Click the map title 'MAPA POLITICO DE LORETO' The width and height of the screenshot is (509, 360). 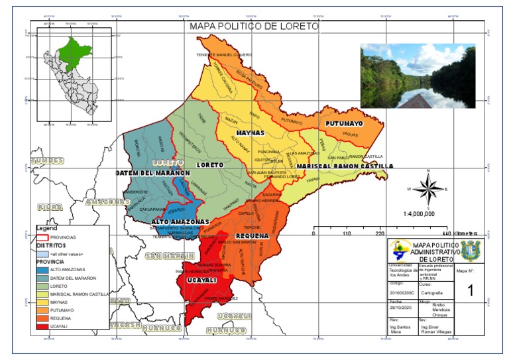pos(254,27)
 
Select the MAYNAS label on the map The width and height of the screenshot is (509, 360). pos(249,133)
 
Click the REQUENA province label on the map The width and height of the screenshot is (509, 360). pos(252,235)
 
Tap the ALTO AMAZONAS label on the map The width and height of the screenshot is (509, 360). pos(180,221)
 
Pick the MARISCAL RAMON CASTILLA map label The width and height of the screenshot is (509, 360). pos(344,165)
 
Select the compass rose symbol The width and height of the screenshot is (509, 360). pos(429,188)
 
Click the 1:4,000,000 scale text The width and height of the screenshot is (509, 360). pos(419,214)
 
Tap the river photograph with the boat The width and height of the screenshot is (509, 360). pos(418,76)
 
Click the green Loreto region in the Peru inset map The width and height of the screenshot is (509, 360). pos(74,51)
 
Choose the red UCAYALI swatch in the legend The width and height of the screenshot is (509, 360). pos(44,326)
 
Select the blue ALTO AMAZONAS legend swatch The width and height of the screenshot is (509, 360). pos(44,270)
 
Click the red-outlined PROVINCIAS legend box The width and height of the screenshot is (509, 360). pos(44,237)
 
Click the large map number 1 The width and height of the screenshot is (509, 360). pos(470,290)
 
